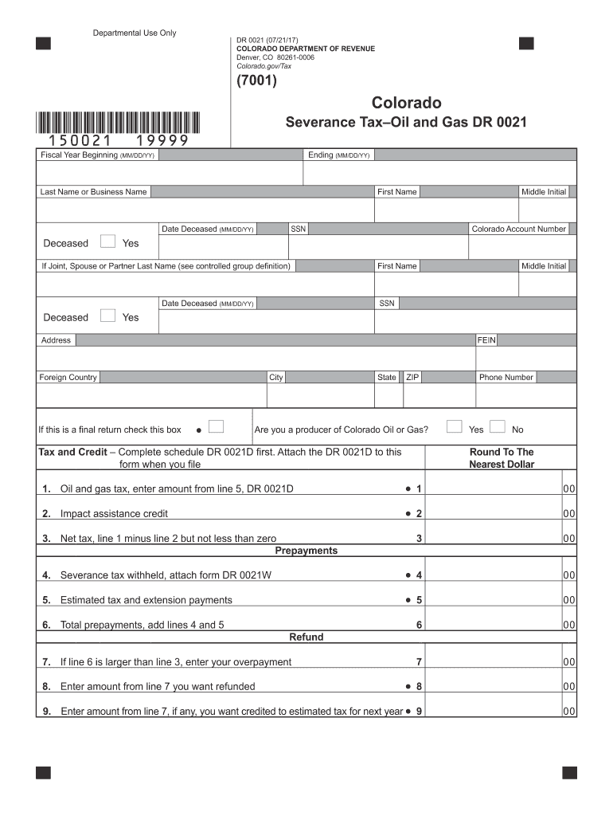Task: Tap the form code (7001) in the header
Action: click(256, 81)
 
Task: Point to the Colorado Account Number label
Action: click(518, 229)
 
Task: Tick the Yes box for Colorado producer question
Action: click(455, 427)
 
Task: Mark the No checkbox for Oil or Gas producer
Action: click(498, 427)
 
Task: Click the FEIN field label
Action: click(486, 340)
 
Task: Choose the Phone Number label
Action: click(506, 378)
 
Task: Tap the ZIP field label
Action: click(412, 378)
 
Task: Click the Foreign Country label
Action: click(68, 378)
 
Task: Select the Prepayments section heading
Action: click(306, 551)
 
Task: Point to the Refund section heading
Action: click(306, 637)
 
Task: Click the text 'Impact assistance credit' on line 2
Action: click(114, 514)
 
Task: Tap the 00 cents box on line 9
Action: click(568, 711)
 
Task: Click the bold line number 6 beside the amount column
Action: click(419, 626)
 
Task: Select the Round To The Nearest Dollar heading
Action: click(502, 458)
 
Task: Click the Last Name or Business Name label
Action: click(93, 192)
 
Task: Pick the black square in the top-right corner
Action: click(526, 44)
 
